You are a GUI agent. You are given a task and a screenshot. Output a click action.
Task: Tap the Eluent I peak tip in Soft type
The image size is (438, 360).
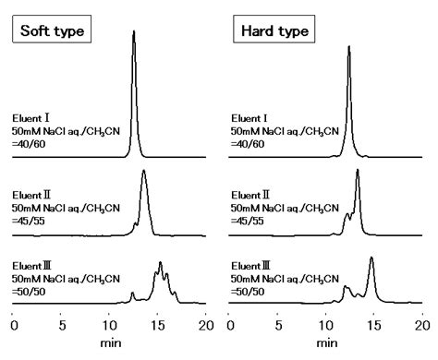click(x=134, y=31)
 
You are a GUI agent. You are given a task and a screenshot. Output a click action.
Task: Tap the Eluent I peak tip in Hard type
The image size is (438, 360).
click(x=349, y=46)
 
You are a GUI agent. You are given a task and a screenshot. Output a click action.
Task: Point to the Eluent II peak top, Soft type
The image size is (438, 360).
click(x=144, y=171)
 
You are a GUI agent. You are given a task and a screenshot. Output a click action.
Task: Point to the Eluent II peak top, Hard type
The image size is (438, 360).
click(x=358, y=171)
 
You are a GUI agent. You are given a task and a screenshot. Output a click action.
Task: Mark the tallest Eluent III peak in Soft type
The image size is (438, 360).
click(x=161, y=263)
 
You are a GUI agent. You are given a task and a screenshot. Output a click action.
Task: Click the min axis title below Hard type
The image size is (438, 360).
click(x=326, y=343)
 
